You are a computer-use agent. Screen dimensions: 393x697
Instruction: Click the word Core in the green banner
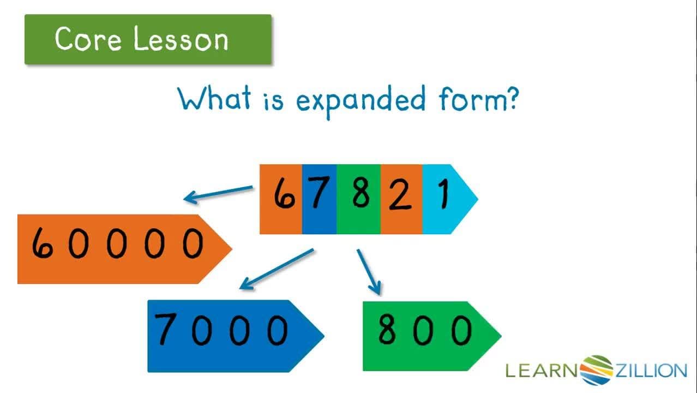coord(87,39)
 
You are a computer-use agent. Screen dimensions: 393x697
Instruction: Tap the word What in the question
coord(215,99)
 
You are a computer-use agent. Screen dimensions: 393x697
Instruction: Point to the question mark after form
coord(510,98)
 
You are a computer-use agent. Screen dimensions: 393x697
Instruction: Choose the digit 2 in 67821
coord(400,195)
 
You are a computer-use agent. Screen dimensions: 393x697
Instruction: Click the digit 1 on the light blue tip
coord(443,194)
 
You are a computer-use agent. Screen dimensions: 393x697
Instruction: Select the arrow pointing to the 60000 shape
coord(218,193)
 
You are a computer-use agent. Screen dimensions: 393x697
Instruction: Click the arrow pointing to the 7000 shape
coord(277,269)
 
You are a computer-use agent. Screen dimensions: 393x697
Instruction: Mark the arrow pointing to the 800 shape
coord(369,271)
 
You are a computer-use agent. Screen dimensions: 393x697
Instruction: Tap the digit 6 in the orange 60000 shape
coord(42,243)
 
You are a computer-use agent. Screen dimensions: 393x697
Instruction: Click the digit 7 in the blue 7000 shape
coord(166,330)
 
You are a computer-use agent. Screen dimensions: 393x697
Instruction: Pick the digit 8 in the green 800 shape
coord(387,330)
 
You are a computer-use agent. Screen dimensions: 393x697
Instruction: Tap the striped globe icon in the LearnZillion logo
coord(597,370)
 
